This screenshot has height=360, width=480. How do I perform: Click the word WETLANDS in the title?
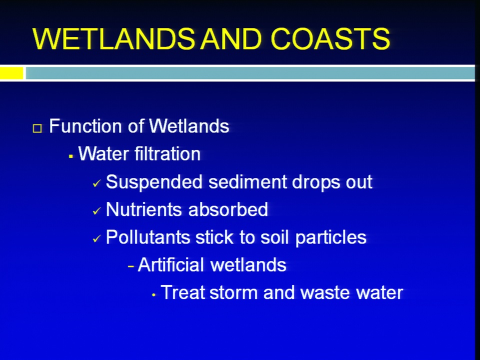[x=113, y=38]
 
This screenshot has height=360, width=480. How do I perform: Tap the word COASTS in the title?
[x=330, y=38]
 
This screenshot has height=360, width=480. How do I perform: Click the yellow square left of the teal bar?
[x=11, y=73]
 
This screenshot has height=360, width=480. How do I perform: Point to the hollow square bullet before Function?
[x=37, y=128]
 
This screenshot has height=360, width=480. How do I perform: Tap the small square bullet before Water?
[x=71, y=156]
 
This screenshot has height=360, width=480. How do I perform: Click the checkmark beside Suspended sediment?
[x=96, y=183]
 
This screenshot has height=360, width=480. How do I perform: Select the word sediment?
[x=248, y=181]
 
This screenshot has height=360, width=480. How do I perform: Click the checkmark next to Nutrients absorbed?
[x=96, y=210]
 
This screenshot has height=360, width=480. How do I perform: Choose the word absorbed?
[x=228, y=209]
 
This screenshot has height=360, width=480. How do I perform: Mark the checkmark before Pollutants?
[x=96, y=238]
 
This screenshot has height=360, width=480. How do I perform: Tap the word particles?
[x=331, y=237]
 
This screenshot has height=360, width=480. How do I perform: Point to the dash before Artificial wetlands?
[x=131, y=266]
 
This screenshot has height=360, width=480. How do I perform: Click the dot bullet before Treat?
[x=153, y=295]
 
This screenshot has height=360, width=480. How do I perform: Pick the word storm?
[x=234, y=292]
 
